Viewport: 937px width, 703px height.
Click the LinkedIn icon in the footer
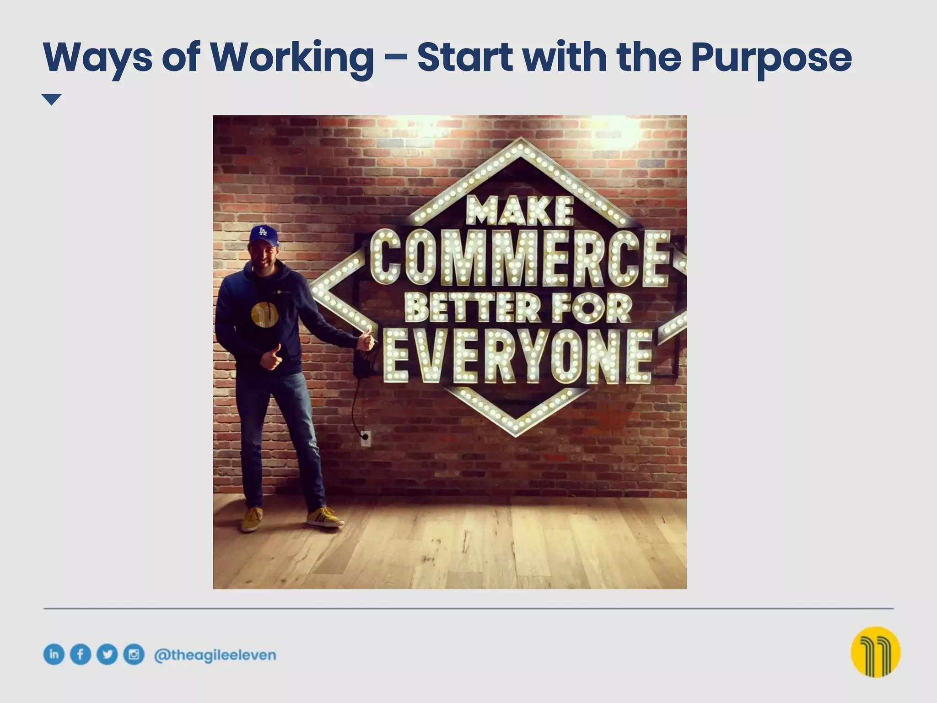pos(54,654)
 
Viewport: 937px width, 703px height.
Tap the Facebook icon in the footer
pos(80,654)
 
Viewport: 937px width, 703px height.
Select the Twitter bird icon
pos(107,654)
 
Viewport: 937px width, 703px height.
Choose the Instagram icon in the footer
pos(134,654)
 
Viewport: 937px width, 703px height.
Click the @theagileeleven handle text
pos(215,655)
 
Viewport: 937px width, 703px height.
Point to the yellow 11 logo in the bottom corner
pos(875,652)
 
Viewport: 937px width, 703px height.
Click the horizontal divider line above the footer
pos(468,609)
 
